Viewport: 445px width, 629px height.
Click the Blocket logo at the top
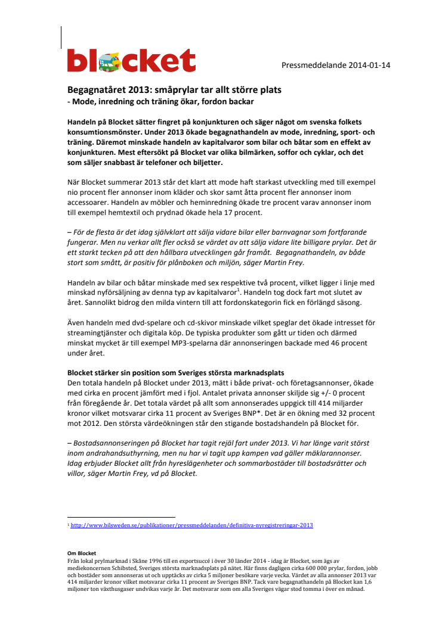131,61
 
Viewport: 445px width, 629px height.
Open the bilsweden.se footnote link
191,525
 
